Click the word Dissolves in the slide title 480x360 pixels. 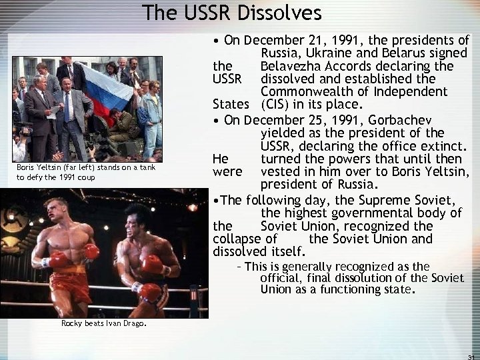tap(280, 13)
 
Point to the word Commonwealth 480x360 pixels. tap(311, 91)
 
